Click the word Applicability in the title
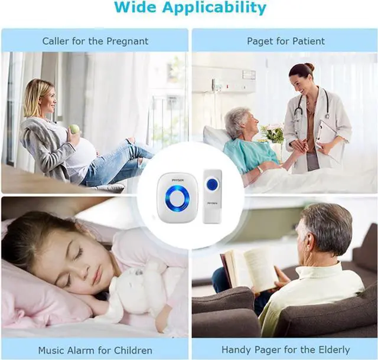pyautogui.click(x=216, y=9)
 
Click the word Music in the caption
pyautogui.click(x=51, y=350)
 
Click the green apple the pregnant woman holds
pyautogui.click(x=74, y=129)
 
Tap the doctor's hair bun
pyautogui.click(x=311, y=67)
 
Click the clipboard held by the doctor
pyautogui.click(x=325, y=133)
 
